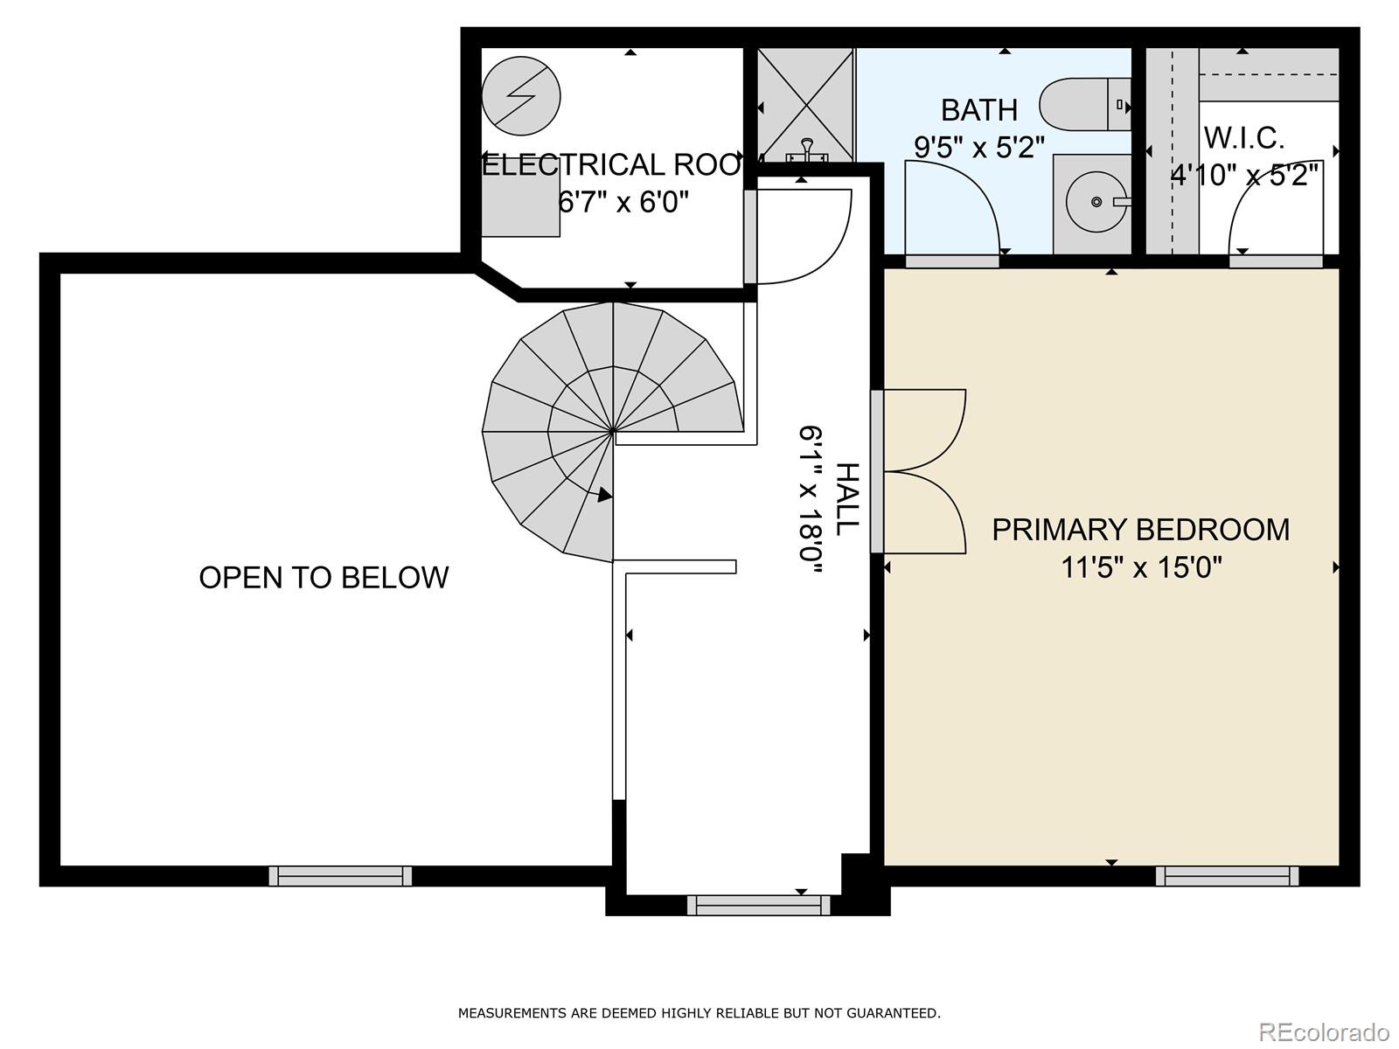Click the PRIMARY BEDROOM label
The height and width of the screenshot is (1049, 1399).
pyautogui.click(x=1140, y=530)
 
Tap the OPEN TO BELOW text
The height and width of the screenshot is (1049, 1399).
pyautogui.click(x=324, y=577)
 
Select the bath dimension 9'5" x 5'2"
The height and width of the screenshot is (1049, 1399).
pyautogui.click(x=979, y=146)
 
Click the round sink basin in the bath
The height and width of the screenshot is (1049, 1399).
pyautogui.click(x=1096, y=202)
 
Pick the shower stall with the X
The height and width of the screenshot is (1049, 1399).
pyautogui.click(x=804, y=104)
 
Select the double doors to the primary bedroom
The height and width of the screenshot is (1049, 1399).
pyautogui.click(x=922, y=471)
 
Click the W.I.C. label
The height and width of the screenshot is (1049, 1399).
pyautogui.click(x=1243, y=138)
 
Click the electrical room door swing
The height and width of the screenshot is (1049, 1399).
pyautogui.click(x=800, y=236)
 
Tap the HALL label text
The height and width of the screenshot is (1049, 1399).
pyautogui.click(x=847, y=499)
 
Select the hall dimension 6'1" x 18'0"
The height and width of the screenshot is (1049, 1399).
pyautogui.click(x=811, y=499)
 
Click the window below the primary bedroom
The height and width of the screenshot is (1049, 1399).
pyautogui.click(x=1227, y=875)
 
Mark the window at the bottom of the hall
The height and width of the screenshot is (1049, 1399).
pyautogui.click(x=758, y=905)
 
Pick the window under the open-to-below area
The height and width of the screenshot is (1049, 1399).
pyautogui.click(x=340, y=875)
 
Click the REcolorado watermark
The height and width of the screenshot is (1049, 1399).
pyautogui.click(x=1324, y=1032)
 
